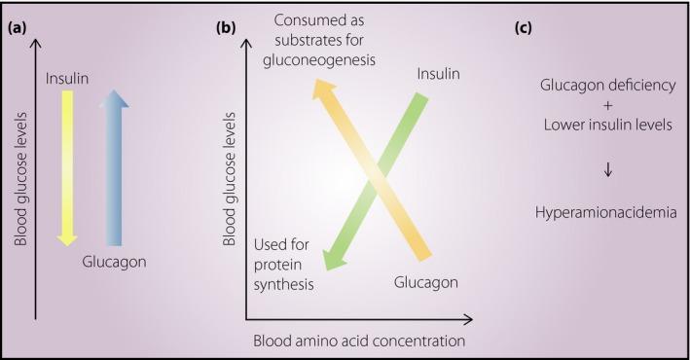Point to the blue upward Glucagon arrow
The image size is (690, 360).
tap(114, 165)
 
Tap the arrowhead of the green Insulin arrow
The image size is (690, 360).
tap(331, 259)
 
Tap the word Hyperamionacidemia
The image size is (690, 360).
tap(607, 208)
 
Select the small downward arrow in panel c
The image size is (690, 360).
tap(607, 168)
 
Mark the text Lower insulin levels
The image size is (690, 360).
tap(607, 124)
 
